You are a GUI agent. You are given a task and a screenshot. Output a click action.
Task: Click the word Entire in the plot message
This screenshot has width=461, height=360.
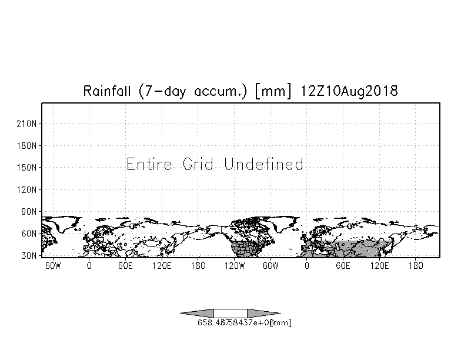[x=149, y=164]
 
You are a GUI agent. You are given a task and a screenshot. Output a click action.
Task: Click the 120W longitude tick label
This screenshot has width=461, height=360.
[x=234, y=265]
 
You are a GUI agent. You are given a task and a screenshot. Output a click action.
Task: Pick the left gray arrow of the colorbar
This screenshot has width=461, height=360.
[x=197, y=313]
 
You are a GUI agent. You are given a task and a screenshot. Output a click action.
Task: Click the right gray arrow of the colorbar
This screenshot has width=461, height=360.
[x=263, y=313]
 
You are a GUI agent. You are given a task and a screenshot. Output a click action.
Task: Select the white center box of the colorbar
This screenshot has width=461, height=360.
[x=230, y=313]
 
